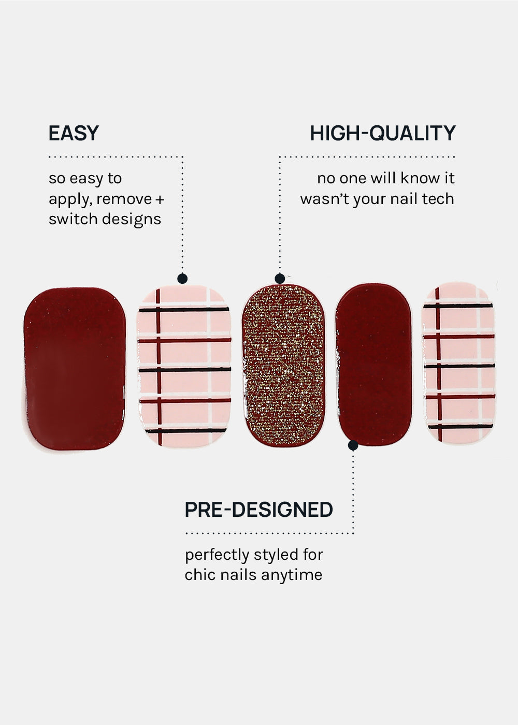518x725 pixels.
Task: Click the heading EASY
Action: pos(74,134)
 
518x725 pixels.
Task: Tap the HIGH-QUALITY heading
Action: pos(382,134)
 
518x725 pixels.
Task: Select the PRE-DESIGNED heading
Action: pos(258,510)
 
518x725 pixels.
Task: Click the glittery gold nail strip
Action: pos(283,365)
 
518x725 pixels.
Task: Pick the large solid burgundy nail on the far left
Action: pos(74,368)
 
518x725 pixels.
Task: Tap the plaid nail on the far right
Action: pos(458,364)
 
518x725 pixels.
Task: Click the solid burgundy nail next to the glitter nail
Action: pos(373,364)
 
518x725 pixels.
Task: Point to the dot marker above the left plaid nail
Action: pos(182,279)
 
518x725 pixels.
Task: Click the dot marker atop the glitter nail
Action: pos(280,279)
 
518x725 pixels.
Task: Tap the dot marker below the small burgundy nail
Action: pos(353,445)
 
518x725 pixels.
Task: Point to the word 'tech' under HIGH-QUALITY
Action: pos(438,199)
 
